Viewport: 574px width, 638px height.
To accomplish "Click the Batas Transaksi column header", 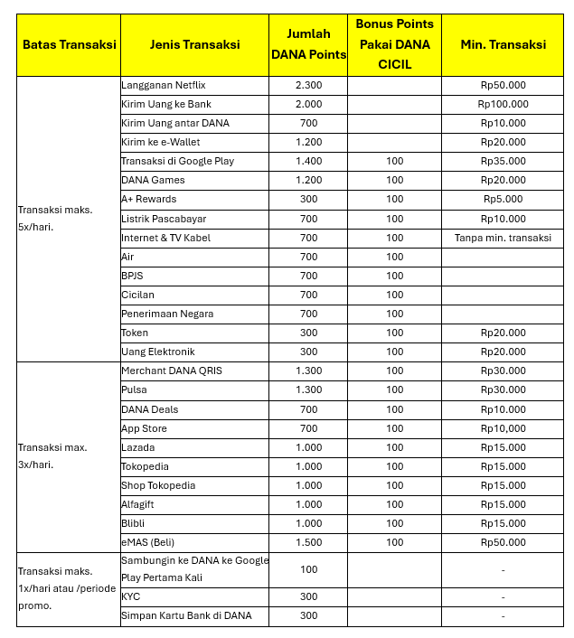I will [68, 44].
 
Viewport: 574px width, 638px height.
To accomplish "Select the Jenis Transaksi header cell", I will [194, 44].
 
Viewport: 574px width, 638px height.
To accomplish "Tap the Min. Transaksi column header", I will [503, 44].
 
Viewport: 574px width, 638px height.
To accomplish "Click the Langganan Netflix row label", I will [164, 85].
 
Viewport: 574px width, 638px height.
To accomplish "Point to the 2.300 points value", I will [308, 85].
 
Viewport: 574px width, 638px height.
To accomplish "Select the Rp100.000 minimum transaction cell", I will [503, 104].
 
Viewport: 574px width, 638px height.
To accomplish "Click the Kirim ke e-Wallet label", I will [161, 142].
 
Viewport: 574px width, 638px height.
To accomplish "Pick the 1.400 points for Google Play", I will [308, 161].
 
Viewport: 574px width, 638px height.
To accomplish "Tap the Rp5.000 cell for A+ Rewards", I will [503, 199].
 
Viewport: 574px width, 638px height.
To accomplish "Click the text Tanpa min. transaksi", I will [503, 238].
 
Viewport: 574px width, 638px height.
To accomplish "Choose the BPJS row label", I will [132, 276].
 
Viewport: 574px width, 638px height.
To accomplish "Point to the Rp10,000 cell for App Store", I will [503, 428].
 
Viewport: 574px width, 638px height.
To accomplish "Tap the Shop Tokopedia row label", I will [158, 485].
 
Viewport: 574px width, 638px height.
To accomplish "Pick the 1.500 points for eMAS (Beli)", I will [308, 542].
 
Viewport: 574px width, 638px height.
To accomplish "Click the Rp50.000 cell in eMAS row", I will [503, 542].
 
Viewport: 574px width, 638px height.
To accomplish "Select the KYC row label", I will [130, 596].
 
